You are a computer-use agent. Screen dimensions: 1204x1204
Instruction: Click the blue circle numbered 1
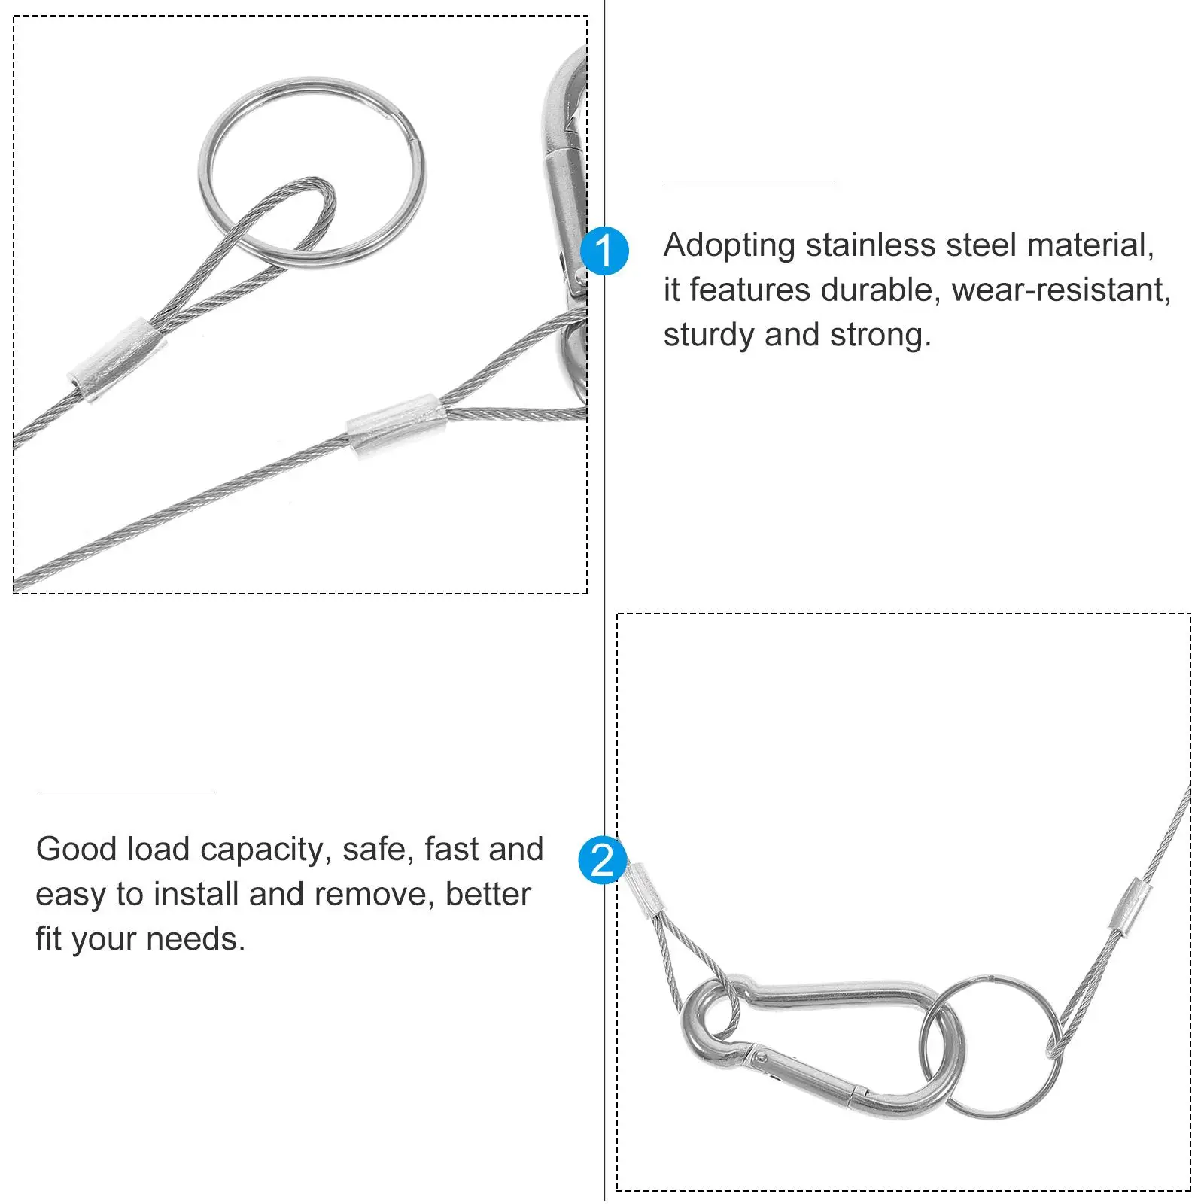[x=604, y=251]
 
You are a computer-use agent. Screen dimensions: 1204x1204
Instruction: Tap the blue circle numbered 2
[x=601, y=860]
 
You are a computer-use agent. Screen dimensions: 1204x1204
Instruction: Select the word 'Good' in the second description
[x=77, y=849]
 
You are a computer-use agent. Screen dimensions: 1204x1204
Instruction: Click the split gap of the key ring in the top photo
[x=411, y=138]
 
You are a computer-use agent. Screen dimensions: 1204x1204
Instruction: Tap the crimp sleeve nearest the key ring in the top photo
[x=117, y=350]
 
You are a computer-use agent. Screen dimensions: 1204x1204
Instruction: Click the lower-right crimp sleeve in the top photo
[x=397, y=427]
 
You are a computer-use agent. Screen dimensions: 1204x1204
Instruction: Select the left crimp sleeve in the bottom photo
[x=644, y=890]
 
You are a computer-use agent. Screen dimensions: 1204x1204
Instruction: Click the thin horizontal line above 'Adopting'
[x=749, y=181]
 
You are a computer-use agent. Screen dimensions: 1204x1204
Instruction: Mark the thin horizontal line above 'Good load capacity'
[x=126, y=792]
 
